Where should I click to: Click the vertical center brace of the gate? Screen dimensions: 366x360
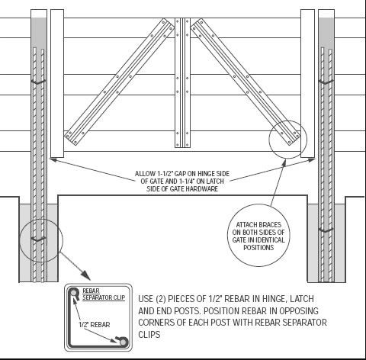click(182, 82)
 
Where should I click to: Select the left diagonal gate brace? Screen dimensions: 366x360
click(119, 82)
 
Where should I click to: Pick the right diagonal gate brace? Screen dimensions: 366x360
click(246, 82)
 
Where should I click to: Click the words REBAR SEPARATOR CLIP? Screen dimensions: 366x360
click(104, 294)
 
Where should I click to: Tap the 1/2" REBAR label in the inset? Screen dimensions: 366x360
click(95, 325)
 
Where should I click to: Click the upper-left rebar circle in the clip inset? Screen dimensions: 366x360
click(73, 293)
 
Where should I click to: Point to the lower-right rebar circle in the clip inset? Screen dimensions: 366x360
click(124, 342)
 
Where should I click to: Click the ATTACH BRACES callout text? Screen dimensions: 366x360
click(258, 236)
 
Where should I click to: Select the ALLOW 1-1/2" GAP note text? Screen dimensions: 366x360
click(182, 182)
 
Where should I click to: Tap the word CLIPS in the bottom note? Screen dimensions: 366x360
click(149, 335)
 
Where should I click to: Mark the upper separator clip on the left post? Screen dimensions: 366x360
click(38, 82)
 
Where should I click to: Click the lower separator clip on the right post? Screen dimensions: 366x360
click(326, 230)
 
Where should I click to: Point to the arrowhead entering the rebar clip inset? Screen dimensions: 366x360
click(85, 275)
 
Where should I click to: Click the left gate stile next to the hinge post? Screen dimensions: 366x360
click(57, 84)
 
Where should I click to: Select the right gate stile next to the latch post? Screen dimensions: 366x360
click(307, 84)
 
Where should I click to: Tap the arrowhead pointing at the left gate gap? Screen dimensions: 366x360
click(53, 160)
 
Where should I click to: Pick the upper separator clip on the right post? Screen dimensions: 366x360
click(326, 82)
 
